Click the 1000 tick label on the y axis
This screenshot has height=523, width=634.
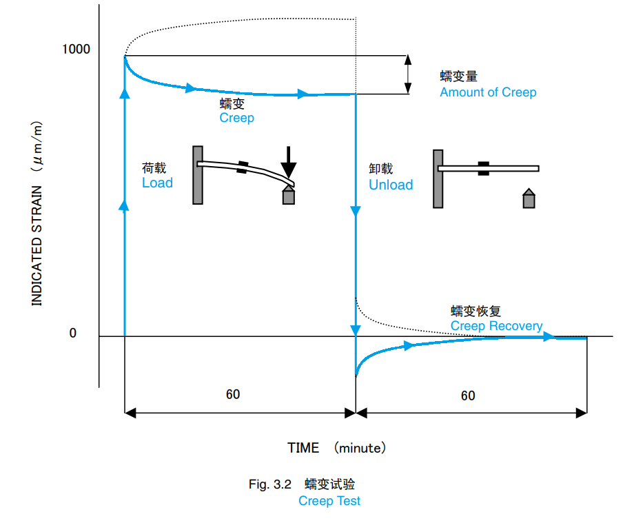coord(76,50)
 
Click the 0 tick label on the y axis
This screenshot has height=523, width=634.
coord(72,334)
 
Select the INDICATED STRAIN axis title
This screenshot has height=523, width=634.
coord(37,235)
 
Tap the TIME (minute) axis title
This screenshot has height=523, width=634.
coord(337,448)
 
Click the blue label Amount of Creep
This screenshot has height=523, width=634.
coord(488,92)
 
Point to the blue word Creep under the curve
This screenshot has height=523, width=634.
coord(236,118)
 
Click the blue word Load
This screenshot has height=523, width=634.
coord(157,183)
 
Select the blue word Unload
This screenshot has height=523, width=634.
coord(391,185)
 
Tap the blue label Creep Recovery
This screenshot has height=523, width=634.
coord(496,326)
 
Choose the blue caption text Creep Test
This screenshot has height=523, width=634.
coord(329,501)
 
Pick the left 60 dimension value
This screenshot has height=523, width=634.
coord(233,394)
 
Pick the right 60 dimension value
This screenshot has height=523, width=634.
coord(468,396)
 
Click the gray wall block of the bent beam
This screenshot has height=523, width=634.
coord(198,175)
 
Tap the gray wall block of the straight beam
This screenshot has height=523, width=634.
coord(438,178)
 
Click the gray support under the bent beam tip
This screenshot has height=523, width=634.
coord(289,196)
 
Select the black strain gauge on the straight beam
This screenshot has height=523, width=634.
coord(484,168)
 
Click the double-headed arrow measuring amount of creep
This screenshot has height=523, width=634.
coord(408,74)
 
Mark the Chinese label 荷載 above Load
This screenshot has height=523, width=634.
coord(154,168)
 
